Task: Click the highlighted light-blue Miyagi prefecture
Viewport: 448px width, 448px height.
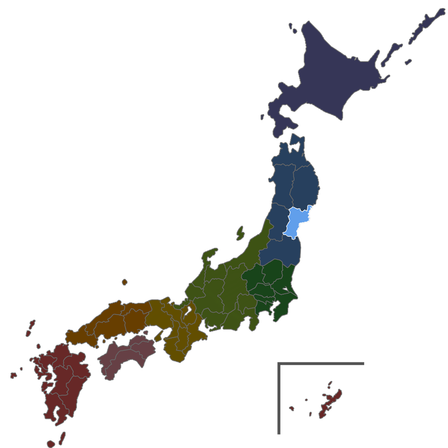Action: [x=296, y=222]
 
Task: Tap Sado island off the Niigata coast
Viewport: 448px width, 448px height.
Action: [x=241, y=233]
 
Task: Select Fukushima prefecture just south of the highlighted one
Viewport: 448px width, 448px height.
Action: [x=280, y=253]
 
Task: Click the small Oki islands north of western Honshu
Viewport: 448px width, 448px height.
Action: [x=124, y=282]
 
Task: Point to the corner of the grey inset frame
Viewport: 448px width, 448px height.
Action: [x=279, y=363]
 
